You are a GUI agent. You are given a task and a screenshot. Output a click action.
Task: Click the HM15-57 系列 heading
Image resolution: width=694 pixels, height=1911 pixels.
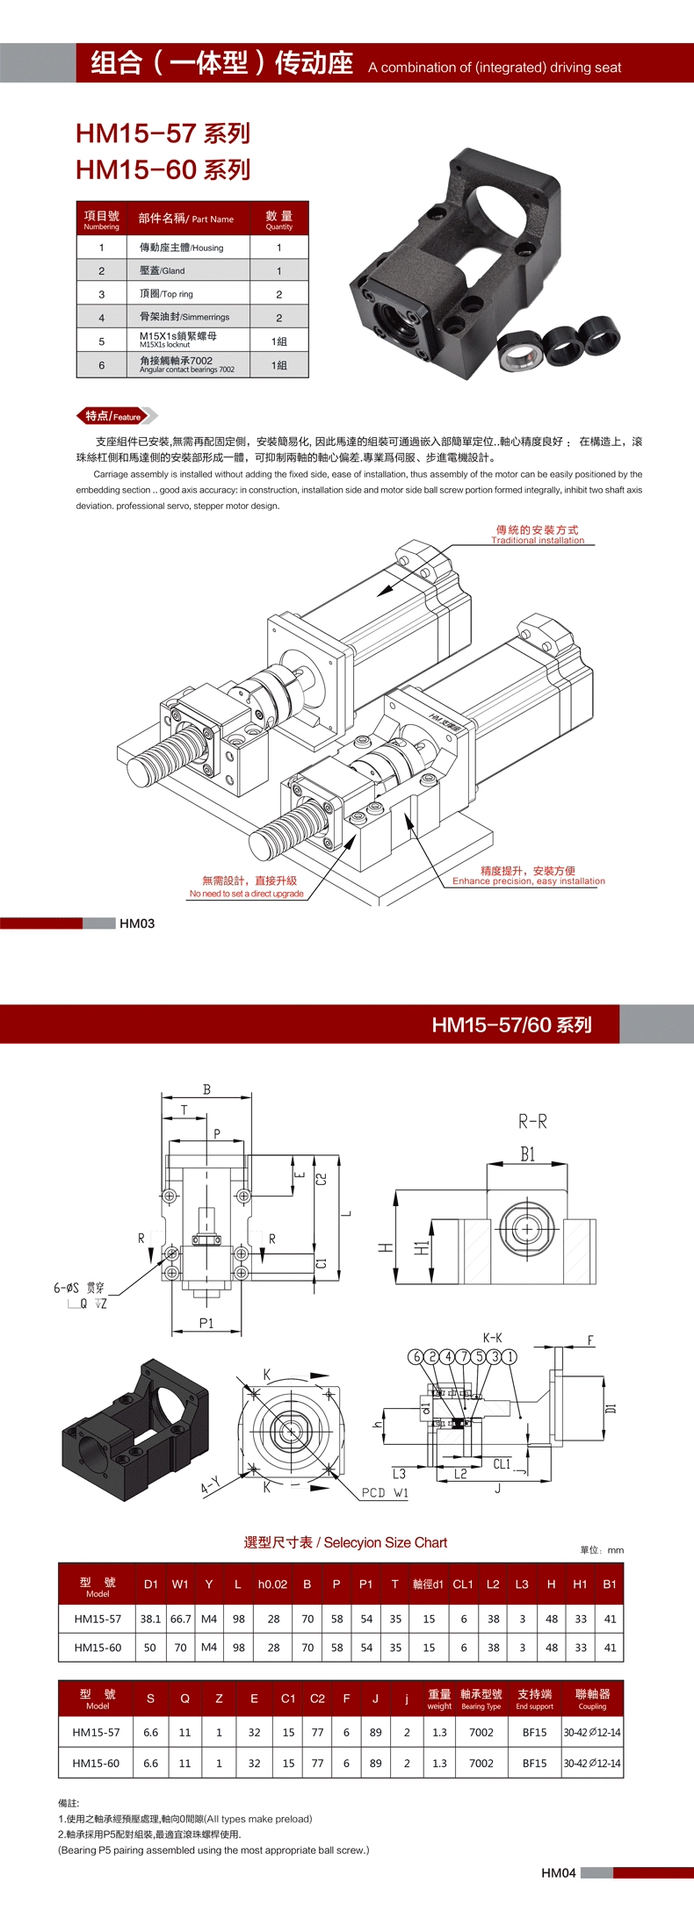(x=163, y=133)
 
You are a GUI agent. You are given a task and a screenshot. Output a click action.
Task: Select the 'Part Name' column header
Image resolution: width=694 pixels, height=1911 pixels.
(x=186, y=219)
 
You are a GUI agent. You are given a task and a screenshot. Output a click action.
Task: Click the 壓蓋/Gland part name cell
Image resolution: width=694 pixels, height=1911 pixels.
(x=163, y=270)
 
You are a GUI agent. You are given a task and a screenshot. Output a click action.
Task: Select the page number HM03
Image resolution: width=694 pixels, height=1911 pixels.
(x=137, y=923)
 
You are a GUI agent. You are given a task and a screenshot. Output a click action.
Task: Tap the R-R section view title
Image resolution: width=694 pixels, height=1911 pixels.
(x=532, y=1121)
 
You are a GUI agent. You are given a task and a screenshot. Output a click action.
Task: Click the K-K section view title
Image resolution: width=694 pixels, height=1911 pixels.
(x=492, y=1338)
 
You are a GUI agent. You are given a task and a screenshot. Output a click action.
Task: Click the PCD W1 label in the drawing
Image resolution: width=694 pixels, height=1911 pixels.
(x=385, y=1492)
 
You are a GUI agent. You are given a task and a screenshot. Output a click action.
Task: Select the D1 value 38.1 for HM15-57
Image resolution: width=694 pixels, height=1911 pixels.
(x=150, y=1619)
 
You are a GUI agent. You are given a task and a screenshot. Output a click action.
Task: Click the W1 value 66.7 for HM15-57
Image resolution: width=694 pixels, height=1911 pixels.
(x=181, y=1619)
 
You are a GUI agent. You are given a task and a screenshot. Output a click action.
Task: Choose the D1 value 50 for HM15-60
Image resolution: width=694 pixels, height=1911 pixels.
(x=150, y=1648)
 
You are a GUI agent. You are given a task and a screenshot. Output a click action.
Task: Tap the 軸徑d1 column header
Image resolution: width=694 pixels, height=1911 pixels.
(x=428, y=1584)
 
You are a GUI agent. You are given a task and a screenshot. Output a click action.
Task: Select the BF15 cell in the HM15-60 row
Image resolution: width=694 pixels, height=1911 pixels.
(x=534, y=1763)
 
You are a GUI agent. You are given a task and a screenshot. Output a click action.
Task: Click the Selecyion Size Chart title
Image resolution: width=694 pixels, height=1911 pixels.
(x=346, y=1542)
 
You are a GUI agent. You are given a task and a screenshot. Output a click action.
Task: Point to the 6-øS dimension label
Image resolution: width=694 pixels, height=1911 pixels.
(x=67, y=1288)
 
